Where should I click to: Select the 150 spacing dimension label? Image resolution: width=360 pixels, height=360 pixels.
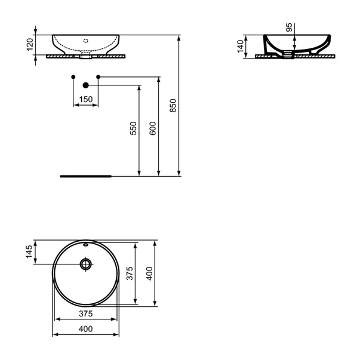pyautogui.click(x=85, y=100)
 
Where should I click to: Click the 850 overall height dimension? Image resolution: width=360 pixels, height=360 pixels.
pyautogui.click(x=174, y=106)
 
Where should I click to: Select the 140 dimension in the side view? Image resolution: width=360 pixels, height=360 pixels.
pyautogui.click(x=241, y=45)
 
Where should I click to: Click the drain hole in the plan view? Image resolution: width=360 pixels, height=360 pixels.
pyautogui.click(x=86, y=263)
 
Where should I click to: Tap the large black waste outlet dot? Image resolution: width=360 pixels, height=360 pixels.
pyautogui.click(x=85, y=85)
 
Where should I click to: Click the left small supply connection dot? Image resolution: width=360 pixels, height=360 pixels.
pyautogui.click(x=73, y=76)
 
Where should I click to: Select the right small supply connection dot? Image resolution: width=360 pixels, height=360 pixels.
pyautogui.click(x=99, y=76)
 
